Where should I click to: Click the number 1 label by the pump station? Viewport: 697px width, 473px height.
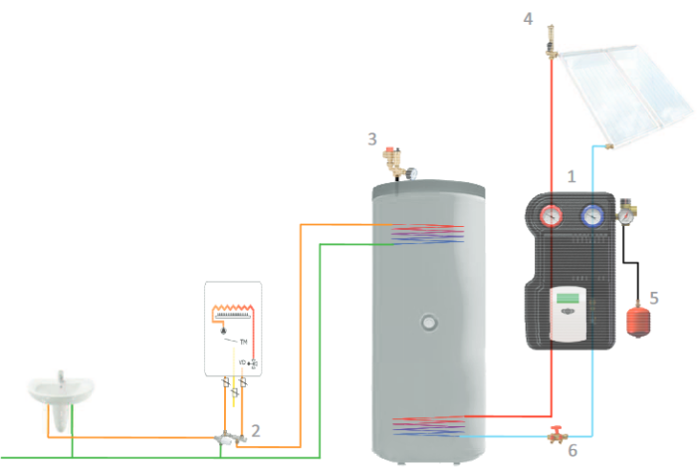point(572,176)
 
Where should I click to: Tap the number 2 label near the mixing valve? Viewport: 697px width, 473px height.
point(256,431)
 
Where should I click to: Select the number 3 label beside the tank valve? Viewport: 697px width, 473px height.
point(371,138)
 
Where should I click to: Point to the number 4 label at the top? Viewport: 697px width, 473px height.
point(529,17)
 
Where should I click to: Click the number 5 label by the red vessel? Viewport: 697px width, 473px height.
point(653,296)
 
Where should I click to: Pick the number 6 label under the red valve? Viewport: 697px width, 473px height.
point(572,450)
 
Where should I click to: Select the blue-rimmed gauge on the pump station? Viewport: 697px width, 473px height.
point(592,215)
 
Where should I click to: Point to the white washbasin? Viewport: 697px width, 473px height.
point(61,391)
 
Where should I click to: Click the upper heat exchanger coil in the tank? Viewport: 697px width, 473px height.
point(426,235)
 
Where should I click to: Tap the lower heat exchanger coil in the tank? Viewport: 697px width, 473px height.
point(426,425)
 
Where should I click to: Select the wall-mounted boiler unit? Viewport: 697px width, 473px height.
point(233,329)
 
